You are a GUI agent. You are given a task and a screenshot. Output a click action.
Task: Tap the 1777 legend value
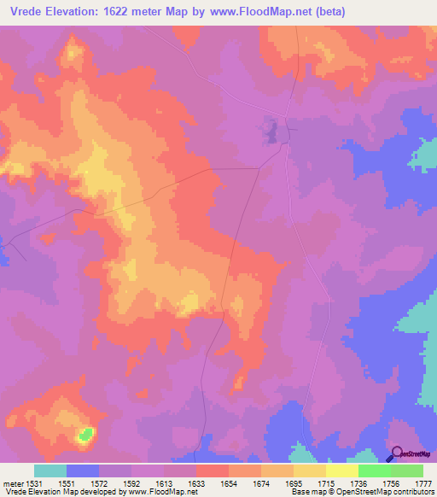point(424,482)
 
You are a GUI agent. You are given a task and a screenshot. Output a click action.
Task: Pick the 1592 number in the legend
point(132,482)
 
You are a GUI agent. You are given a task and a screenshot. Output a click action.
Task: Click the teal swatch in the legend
point(50,471)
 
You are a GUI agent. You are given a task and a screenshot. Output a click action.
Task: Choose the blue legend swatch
point(82,471)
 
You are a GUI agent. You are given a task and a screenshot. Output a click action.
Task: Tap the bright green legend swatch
point(374,471)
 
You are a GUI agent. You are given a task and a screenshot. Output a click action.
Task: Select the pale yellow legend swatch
point(341,471)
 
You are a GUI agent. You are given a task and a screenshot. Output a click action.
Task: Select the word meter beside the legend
point(14,482)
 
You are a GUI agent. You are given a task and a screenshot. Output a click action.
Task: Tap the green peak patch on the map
point(84,434)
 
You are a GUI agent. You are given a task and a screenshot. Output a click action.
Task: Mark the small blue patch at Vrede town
point(271,132)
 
